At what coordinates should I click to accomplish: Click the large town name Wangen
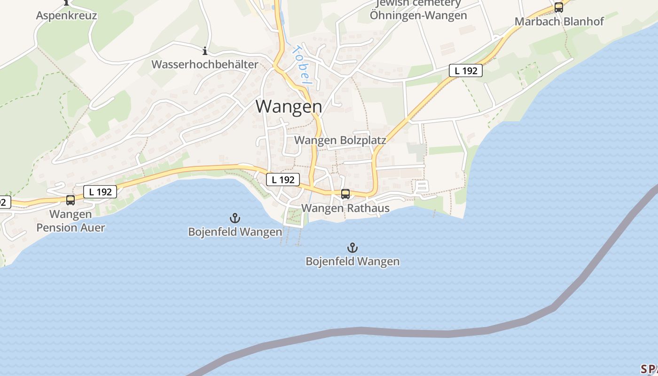[289, 106]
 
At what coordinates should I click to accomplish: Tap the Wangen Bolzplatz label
[340, 140]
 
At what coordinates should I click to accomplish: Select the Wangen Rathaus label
[345, 208]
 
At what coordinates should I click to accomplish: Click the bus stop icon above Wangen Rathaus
[345, 194]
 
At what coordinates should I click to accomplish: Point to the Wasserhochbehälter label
[204, 64]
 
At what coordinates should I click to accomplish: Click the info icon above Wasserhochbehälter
[204, 51]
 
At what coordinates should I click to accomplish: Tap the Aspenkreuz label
[66, 16]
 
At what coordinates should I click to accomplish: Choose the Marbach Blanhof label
[559, 21]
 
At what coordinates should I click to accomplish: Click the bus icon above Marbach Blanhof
[558, 8]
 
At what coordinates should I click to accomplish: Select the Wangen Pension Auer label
[70, 221]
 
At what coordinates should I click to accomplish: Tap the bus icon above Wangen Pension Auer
[70, 200]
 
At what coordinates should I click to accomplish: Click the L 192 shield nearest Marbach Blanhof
[465, 70]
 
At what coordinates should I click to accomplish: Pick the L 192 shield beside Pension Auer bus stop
[100, 192]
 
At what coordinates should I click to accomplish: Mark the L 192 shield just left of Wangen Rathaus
[283, 180]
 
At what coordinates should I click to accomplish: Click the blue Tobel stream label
[301, 64]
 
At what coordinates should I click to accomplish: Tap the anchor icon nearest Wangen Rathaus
[352, 247]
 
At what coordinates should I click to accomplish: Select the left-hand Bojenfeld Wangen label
[235, 232]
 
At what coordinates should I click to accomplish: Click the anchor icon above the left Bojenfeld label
[235, 218]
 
